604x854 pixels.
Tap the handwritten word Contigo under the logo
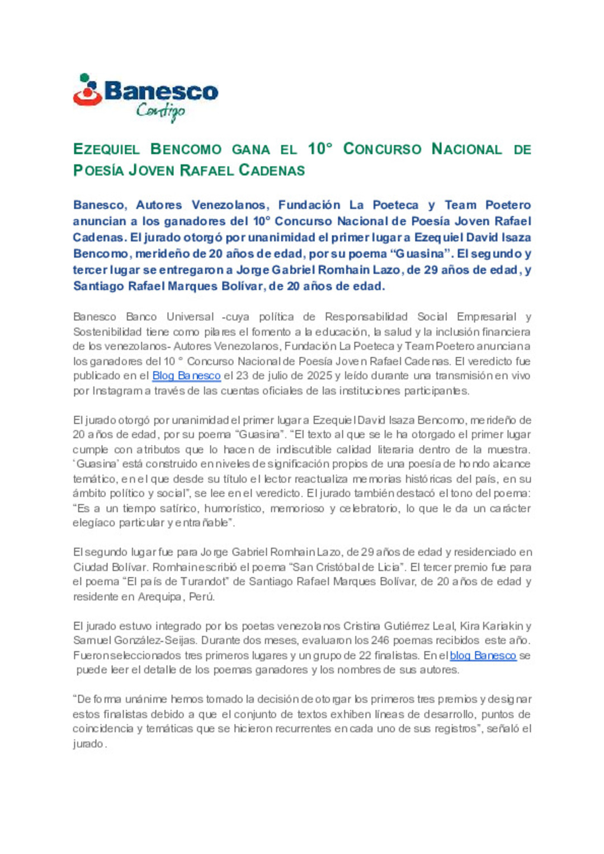pyautogui.click(x=161, y=111)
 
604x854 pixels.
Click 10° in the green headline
pyautogui.click(x=320, y=149)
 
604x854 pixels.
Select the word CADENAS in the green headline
pyautogui.click(x=272, y=170)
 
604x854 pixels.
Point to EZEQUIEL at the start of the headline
pyautogui.click(x=106, y=149)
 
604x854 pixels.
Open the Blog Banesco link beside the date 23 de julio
pyautogui.click(x=186, y=376)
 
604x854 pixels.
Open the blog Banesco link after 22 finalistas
pyautogui.click(x=483, y=655)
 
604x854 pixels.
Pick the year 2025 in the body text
pyautogui.click(x=319, y=376)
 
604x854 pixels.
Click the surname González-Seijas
pyautogui.click(x=148, y=640)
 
